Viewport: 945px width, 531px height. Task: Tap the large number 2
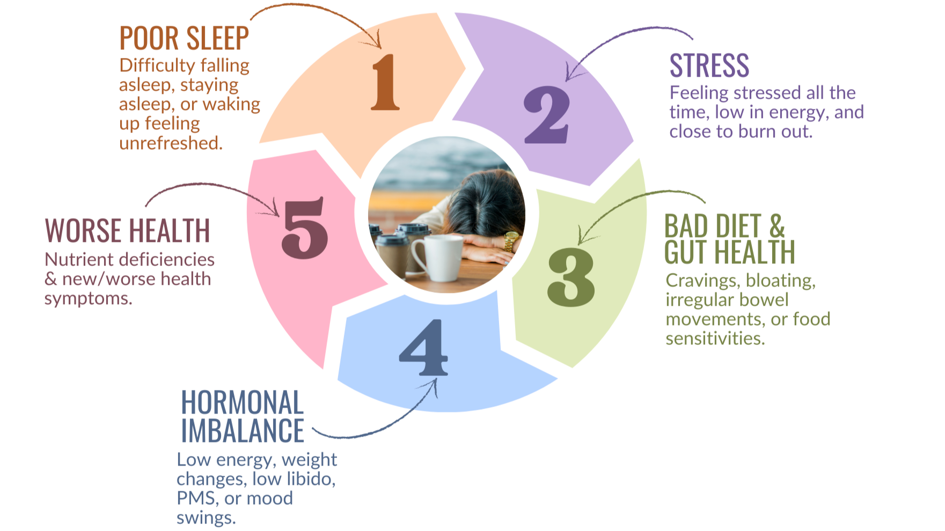[546, 115]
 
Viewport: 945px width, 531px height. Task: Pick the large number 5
[304, 228]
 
